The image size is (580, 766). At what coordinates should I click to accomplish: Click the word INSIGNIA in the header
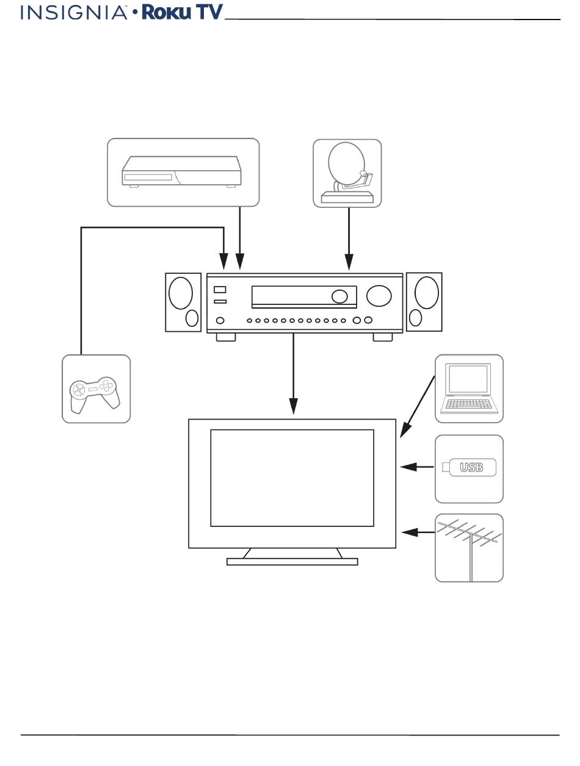coord(74,13)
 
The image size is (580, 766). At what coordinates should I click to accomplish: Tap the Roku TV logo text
coord(182,12)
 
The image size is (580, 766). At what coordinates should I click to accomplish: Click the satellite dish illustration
coord(347,173)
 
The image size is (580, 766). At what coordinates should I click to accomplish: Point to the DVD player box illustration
coord(181,172)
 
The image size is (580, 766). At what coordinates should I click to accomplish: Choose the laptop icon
coord(469,388)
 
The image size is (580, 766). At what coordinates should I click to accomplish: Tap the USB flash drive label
coord(471,467)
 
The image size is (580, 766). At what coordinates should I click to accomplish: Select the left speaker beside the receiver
coord(183,302)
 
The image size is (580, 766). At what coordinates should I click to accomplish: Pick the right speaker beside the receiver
coord(424,302)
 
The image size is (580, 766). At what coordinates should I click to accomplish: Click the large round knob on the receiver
coord(379,296)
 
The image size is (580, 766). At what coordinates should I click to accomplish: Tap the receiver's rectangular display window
coord(304,297)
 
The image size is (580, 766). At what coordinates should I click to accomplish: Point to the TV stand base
coord(292,562)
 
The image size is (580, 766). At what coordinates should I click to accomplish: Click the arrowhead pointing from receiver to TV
coord(294,406)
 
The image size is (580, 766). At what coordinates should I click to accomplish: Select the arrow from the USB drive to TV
coord(417,467)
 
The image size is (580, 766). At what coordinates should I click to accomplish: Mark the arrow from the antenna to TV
coord(418,532)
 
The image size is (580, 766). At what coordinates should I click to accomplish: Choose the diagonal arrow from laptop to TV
coord(417,407)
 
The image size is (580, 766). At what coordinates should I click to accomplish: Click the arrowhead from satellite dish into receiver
coord(349,262)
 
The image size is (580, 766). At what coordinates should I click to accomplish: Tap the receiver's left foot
coord(226,337)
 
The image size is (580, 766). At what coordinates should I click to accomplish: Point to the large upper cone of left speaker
coord(181,293)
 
